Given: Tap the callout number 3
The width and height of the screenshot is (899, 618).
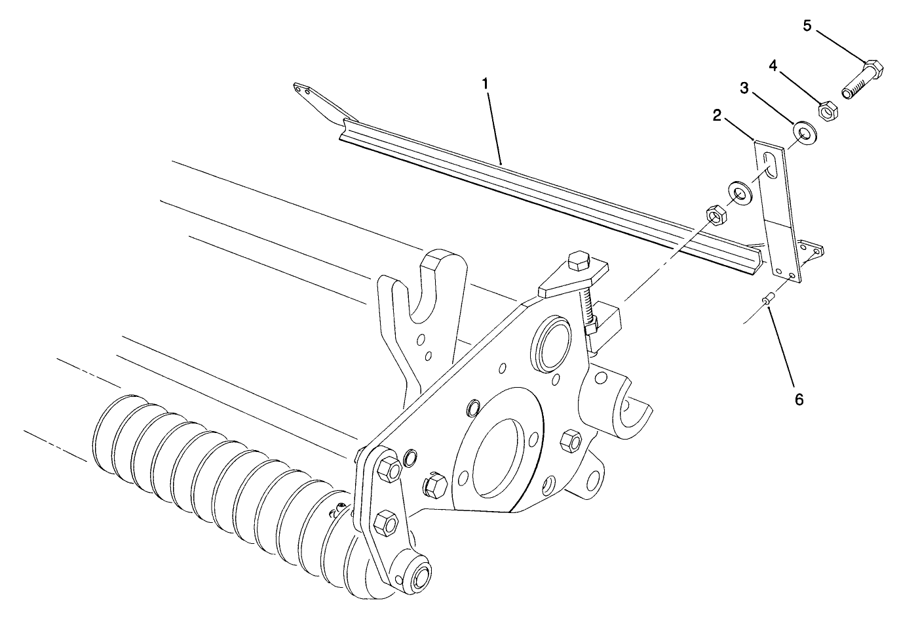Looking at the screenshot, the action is pos(744,88).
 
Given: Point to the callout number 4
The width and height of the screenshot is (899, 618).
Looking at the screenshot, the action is pos(773,66).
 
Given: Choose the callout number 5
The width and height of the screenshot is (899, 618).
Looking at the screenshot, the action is pos(807,26).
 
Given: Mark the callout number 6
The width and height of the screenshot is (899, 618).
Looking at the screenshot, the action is pos(799,398).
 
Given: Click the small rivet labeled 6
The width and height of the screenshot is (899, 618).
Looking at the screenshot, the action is pos(769,301).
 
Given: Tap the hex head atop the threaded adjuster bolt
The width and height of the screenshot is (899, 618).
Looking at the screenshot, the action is pos(579,259).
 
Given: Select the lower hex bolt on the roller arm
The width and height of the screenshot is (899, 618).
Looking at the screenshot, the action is pos(385,522).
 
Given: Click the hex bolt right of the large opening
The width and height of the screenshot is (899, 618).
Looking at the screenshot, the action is pos(571,438).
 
